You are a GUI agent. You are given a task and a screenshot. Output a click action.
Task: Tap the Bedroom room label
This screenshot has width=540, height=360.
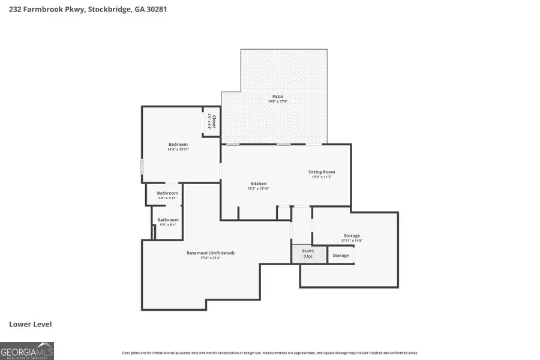point(178,144)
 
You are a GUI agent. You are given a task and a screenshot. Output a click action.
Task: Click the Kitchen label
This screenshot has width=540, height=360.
point(258,184)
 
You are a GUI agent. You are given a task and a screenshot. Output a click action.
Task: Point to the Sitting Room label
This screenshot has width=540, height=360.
point(323,172)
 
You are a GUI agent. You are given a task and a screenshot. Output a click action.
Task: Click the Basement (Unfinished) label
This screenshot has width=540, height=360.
point(210,253)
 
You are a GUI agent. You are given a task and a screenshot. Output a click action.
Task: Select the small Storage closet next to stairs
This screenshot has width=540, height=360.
point(341,256)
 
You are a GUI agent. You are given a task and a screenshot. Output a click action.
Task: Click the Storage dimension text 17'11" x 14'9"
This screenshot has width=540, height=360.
point(352,241)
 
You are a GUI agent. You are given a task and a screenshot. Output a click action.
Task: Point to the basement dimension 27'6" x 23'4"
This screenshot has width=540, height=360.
point(210,258)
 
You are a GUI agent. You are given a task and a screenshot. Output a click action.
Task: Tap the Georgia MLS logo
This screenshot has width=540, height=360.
point(27,350)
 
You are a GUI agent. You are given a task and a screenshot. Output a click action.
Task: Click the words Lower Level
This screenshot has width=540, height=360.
point(31,324)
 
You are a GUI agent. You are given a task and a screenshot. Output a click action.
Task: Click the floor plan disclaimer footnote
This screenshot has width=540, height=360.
point(270,353)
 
